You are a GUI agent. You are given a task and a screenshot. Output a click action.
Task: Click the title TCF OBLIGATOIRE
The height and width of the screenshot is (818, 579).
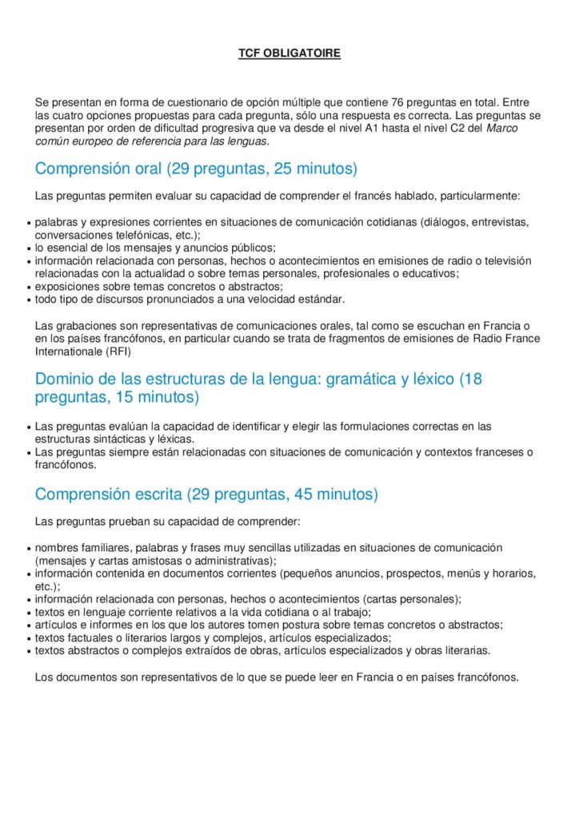point(289,54)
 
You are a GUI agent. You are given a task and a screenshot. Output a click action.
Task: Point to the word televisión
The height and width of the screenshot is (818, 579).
point(507,260)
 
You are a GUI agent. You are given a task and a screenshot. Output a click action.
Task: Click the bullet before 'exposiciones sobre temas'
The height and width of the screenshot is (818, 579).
point(29,288)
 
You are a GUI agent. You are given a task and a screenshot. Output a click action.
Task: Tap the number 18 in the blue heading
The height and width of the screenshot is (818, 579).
point(472,378)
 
